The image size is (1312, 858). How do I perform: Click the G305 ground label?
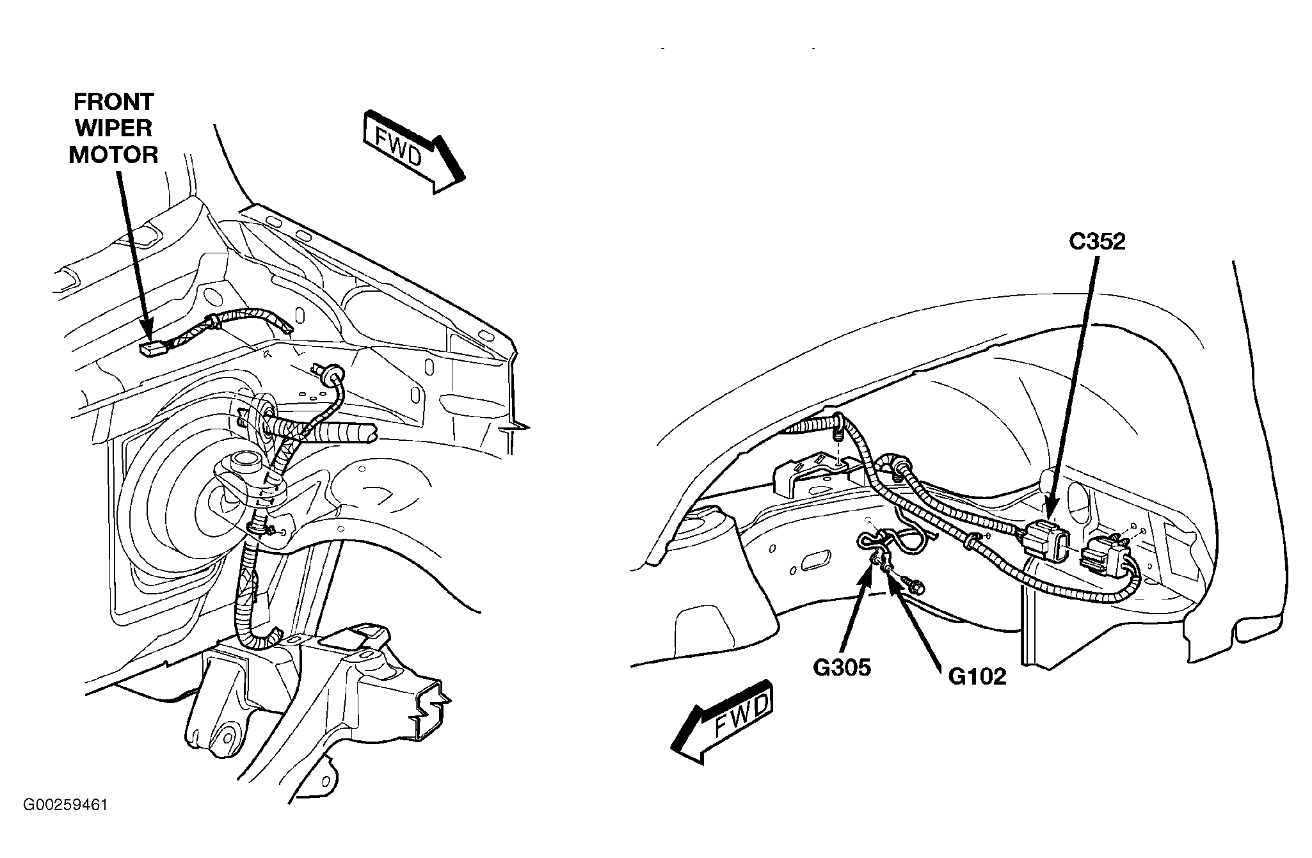pyautogui.click(x=842, y=668)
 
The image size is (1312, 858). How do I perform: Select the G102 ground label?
pyautogui.click(x=977, y=676)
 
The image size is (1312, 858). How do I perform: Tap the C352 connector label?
pyautogui.click(x=1097, y=241)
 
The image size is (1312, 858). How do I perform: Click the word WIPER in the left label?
pyautogui.click(x=113, y=128)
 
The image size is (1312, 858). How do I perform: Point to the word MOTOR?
pyautogui.click(x=113, y=155)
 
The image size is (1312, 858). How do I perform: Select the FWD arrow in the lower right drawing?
pyautogui.click(x=722, y=722)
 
